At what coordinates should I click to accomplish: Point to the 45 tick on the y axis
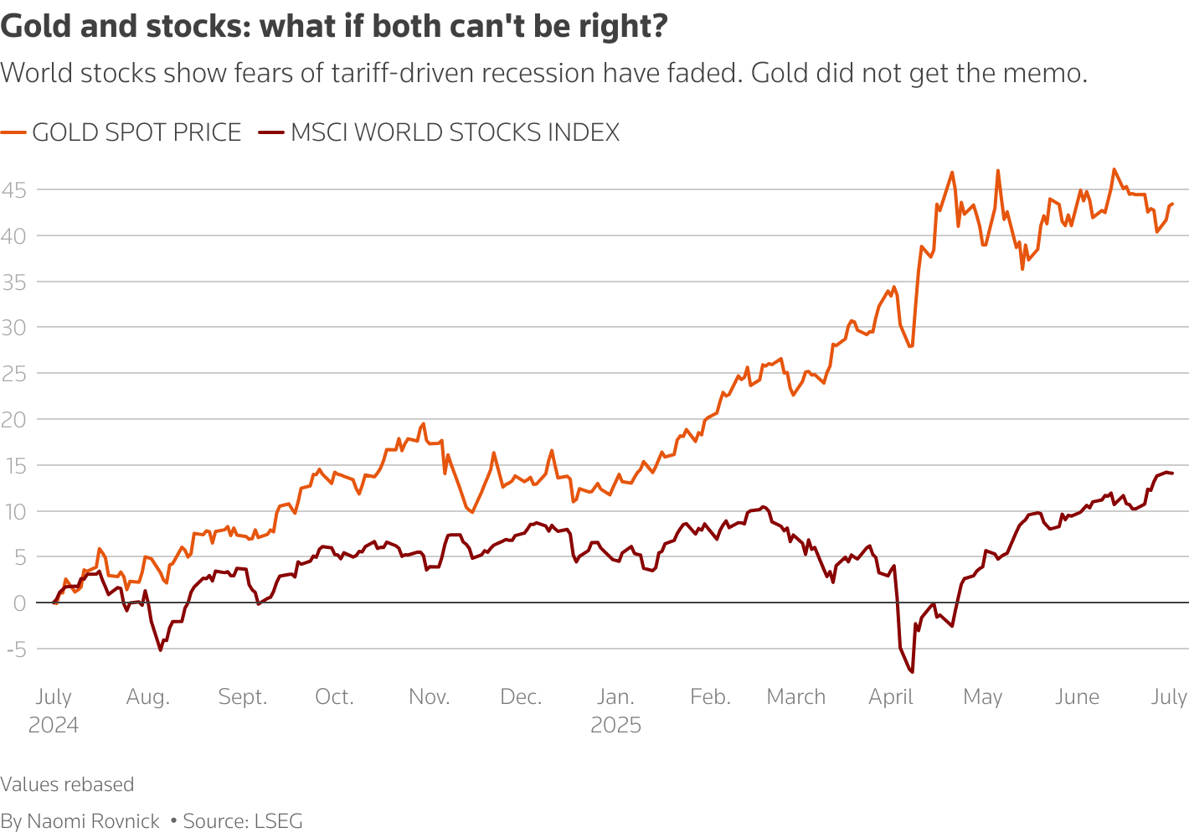[13, 190]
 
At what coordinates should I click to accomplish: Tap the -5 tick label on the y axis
[16, 649]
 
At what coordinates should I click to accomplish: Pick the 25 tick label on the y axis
[13, 374]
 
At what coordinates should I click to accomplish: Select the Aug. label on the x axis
[148, 697]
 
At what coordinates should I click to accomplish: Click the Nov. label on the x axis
[430, 697]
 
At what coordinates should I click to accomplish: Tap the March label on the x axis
[796, 697]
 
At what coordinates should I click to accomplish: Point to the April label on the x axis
[891, 697]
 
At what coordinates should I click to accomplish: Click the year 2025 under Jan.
[615, 726]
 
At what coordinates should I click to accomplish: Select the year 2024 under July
[54, 726]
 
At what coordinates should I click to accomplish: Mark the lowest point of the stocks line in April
[912, 672]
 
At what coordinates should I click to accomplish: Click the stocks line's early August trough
[161, 650]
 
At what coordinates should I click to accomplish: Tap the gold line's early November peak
[424, 423]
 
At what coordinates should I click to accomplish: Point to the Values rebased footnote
[67, 784]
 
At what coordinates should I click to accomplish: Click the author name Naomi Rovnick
[93, 821]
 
